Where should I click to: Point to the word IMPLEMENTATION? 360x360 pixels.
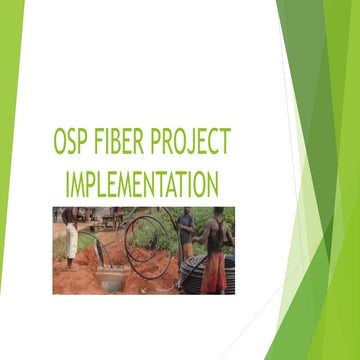pos(141,184)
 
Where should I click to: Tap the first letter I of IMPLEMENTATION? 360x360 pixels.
pos(67,184)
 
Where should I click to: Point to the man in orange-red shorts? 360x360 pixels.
pos(214,250)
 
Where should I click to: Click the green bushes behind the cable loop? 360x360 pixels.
pos(150,225)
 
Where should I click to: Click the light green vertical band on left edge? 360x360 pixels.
pos(11,180)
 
